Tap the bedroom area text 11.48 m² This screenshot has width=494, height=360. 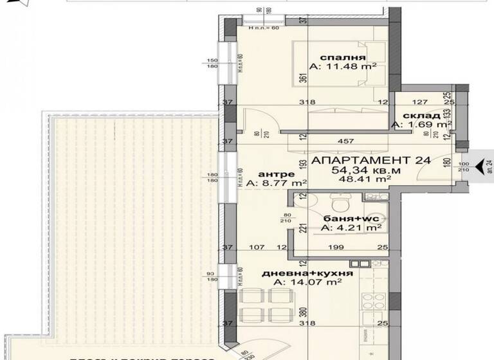(x=343, y=66)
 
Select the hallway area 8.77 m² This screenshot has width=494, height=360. (x=273, y=184)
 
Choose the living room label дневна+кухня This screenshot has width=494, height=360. (x=307, y=273)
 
